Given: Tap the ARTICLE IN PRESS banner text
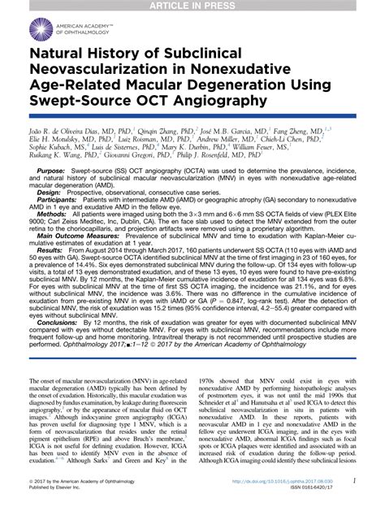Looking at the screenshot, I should [x=192, y=7].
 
